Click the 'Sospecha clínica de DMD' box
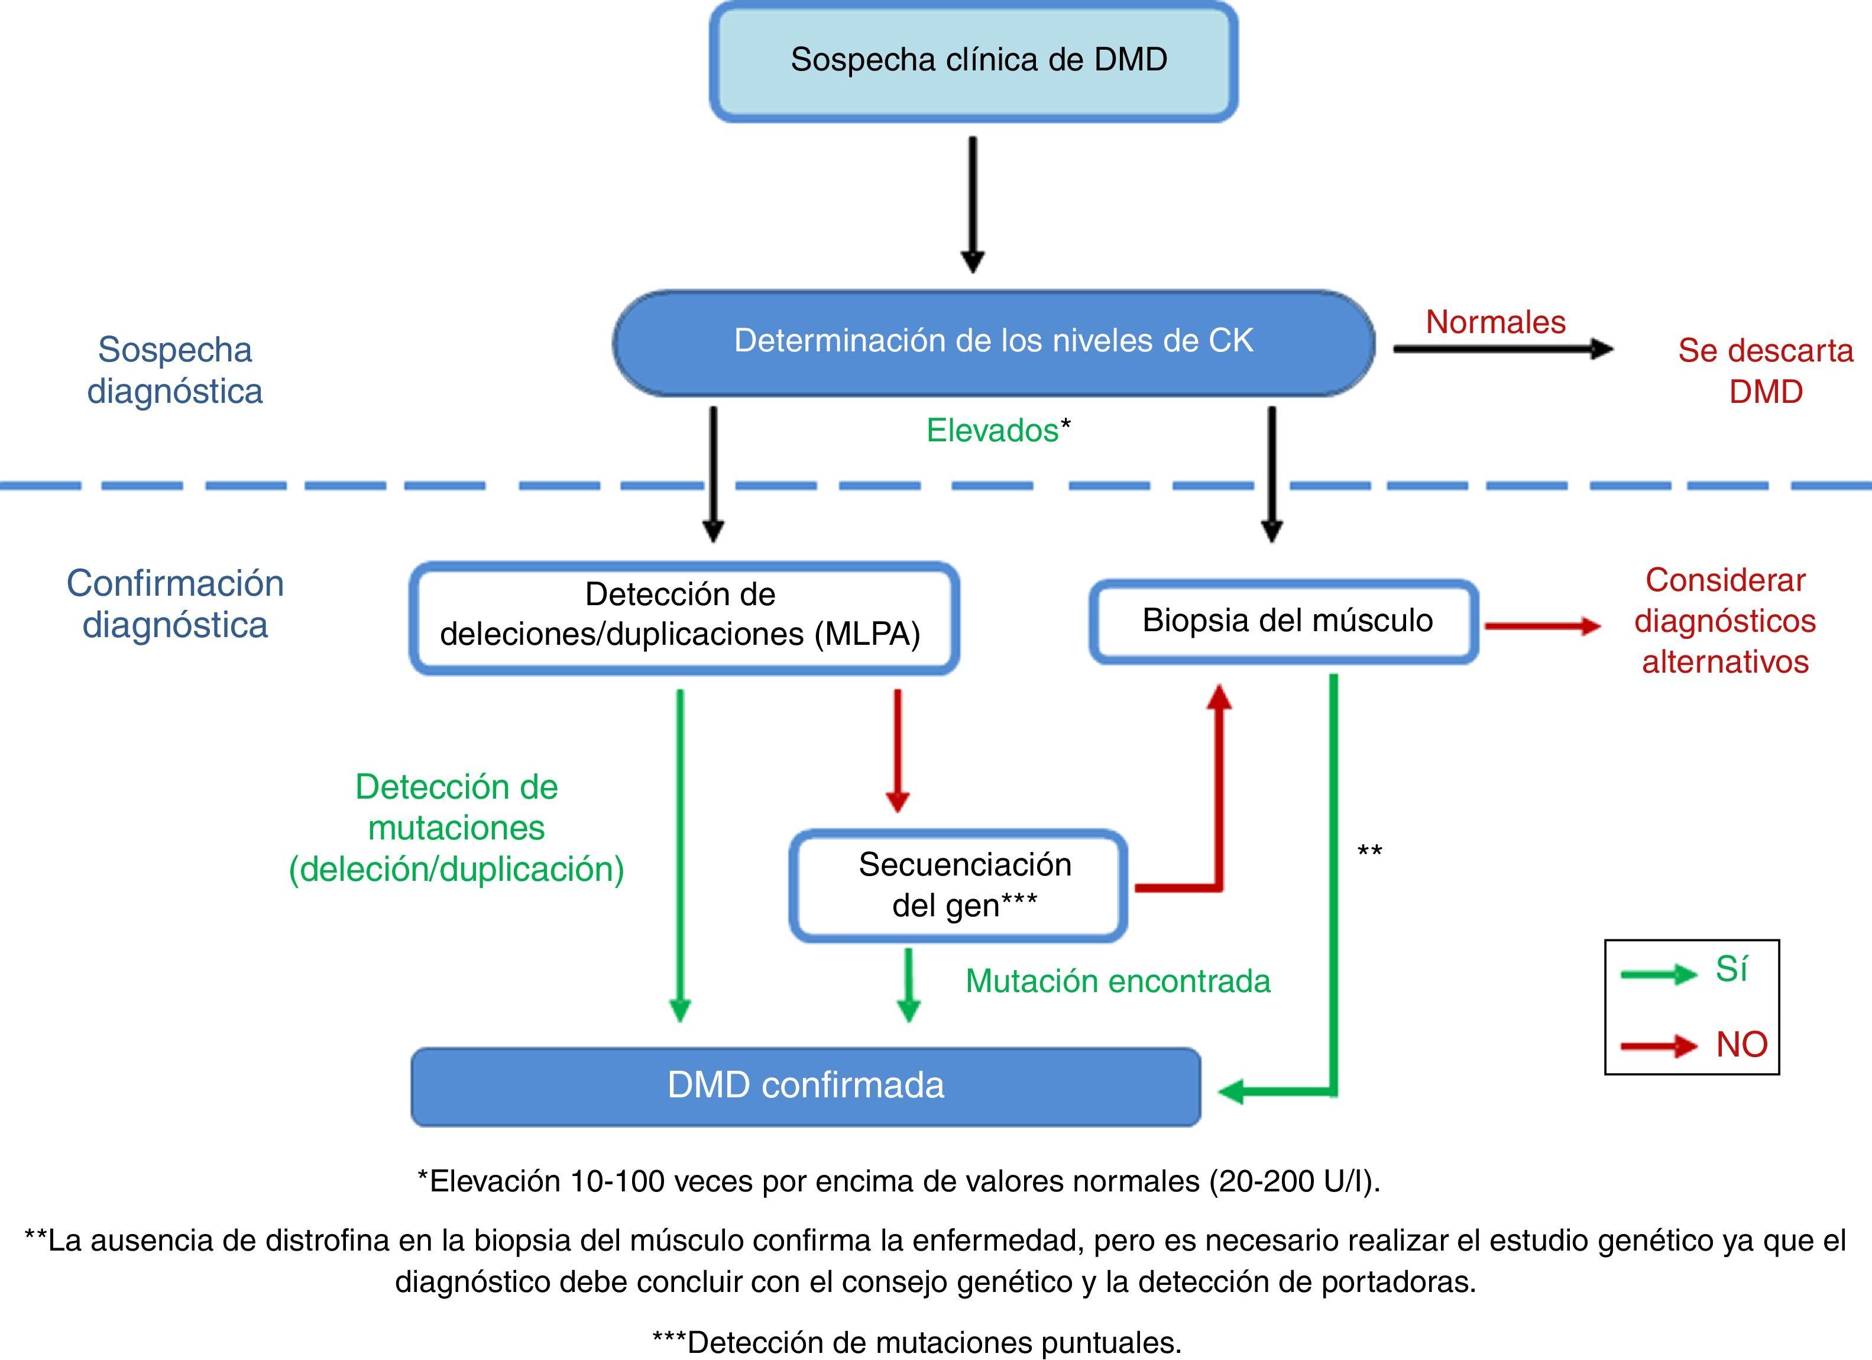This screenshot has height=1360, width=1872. pyautogui.click(x=974, y=61)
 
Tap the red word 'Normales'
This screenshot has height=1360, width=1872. pyautogui.click(x=1495, y=322)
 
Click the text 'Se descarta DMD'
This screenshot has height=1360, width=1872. pyautogui.click(x=1765, y=371)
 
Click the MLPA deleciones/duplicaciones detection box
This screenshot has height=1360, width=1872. pyautogui.click(x=684, y=616)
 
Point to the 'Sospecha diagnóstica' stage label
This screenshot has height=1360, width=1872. pyautogui.click(x=175, y=370)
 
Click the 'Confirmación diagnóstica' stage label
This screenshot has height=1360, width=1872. pyautogui.click(x=175, y=603)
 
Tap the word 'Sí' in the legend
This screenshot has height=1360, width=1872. pyautogui.click(x=1731, y=968)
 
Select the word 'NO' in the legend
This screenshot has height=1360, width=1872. pyautogui.click(x=1741, y=1045)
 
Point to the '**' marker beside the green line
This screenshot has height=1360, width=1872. pyautogui.click(x=1369, y=851)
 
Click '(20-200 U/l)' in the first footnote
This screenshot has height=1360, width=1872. pyautogui.click(x=1294, y=1181)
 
